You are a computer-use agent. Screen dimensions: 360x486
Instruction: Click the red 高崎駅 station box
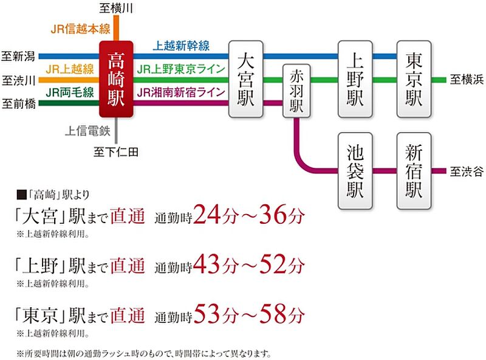tap(116, 80)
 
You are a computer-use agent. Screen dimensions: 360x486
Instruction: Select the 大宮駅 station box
tap(245, 79)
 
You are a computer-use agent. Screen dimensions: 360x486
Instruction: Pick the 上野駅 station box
tap(355, 79)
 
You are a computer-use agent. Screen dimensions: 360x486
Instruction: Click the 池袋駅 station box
tap(355, 171)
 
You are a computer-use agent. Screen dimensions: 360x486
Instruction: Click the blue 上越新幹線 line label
tap(182, 46)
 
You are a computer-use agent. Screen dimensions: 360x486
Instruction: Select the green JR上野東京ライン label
tap(182, 69)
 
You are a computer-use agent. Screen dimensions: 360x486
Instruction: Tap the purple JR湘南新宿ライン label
tap(182, 92)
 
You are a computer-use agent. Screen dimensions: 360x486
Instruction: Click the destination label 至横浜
tap(466, 80)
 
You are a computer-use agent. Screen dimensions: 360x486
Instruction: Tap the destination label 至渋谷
tap(466, 171)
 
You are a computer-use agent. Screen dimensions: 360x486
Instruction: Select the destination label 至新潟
tap(19, 57)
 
